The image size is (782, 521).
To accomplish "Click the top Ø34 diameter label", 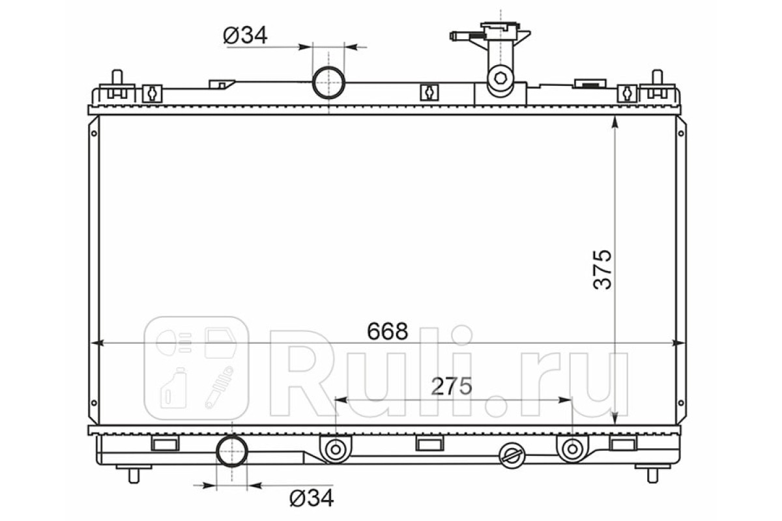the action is (246, 35).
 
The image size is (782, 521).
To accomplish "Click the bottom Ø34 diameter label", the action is (311, 498).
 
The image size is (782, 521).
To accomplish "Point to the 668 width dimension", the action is (388, 331).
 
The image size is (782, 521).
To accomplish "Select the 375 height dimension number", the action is (602, 269).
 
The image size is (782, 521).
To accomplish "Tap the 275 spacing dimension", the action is (452, 386).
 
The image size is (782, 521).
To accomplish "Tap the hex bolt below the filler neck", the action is (500, 77).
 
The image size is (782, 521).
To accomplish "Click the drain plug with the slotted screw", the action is (512, 456).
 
